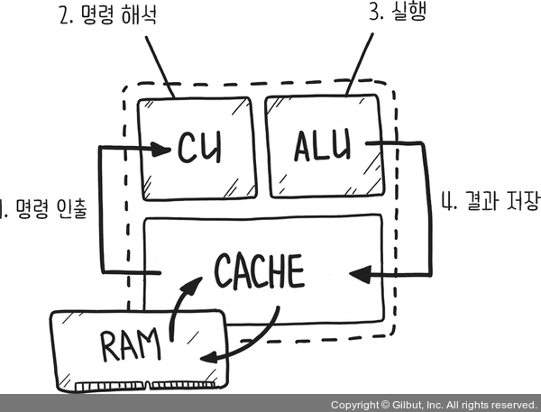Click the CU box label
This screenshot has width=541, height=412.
(x=199, y=147)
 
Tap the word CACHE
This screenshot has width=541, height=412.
(x=260, y=270)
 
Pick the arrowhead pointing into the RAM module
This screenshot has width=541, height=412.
(x=207, y=357)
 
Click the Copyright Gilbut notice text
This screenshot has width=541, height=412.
(x=433, y=404)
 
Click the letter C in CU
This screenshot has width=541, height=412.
(x=186, y=147)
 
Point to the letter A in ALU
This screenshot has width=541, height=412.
(x=305, y=145)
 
